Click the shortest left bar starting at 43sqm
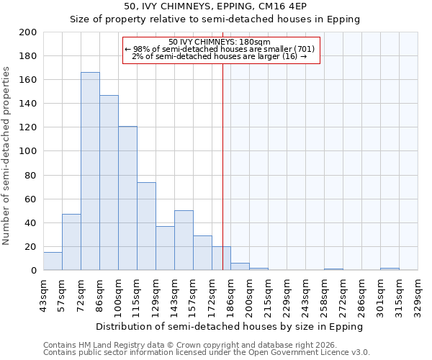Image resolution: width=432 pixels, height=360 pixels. (x=53, y=261)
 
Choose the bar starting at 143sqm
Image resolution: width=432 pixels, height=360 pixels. (x=184, y=240)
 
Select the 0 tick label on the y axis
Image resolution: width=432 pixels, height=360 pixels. (x=33, y=271)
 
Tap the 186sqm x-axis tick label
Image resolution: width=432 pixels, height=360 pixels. (x=230, y=294)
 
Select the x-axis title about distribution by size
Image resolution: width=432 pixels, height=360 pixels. (x=230, y=326)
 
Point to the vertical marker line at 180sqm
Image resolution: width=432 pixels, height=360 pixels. (x=222, y=166)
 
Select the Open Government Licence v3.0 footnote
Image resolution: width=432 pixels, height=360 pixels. (x=206, y=353)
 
